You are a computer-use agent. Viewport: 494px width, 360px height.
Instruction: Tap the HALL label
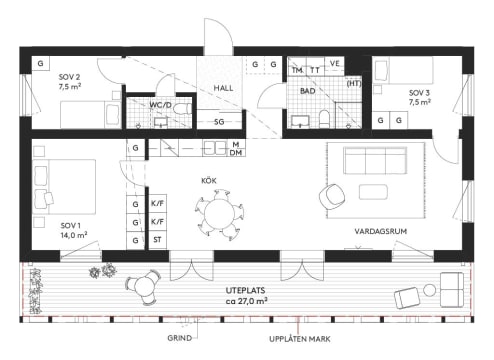coord(222,88)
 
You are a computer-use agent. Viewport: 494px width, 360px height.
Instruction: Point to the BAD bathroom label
coord(307,91)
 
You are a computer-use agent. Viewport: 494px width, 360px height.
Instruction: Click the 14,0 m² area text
coord(74,235)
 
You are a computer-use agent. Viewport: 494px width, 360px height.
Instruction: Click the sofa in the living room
coord(373,160)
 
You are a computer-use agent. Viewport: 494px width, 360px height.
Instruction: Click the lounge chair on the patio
coord(410,297)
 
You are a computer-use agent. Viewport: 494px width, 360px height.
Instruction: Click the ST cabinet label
coord(157,241)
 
